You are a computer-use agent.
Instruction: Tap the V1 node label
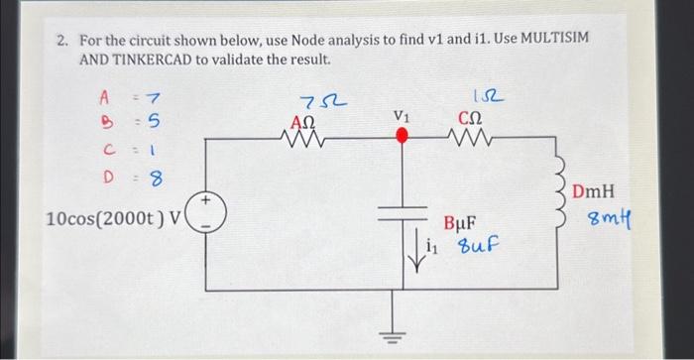point(401,116)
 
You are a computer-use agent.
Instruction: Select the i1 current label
point(431,248)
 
